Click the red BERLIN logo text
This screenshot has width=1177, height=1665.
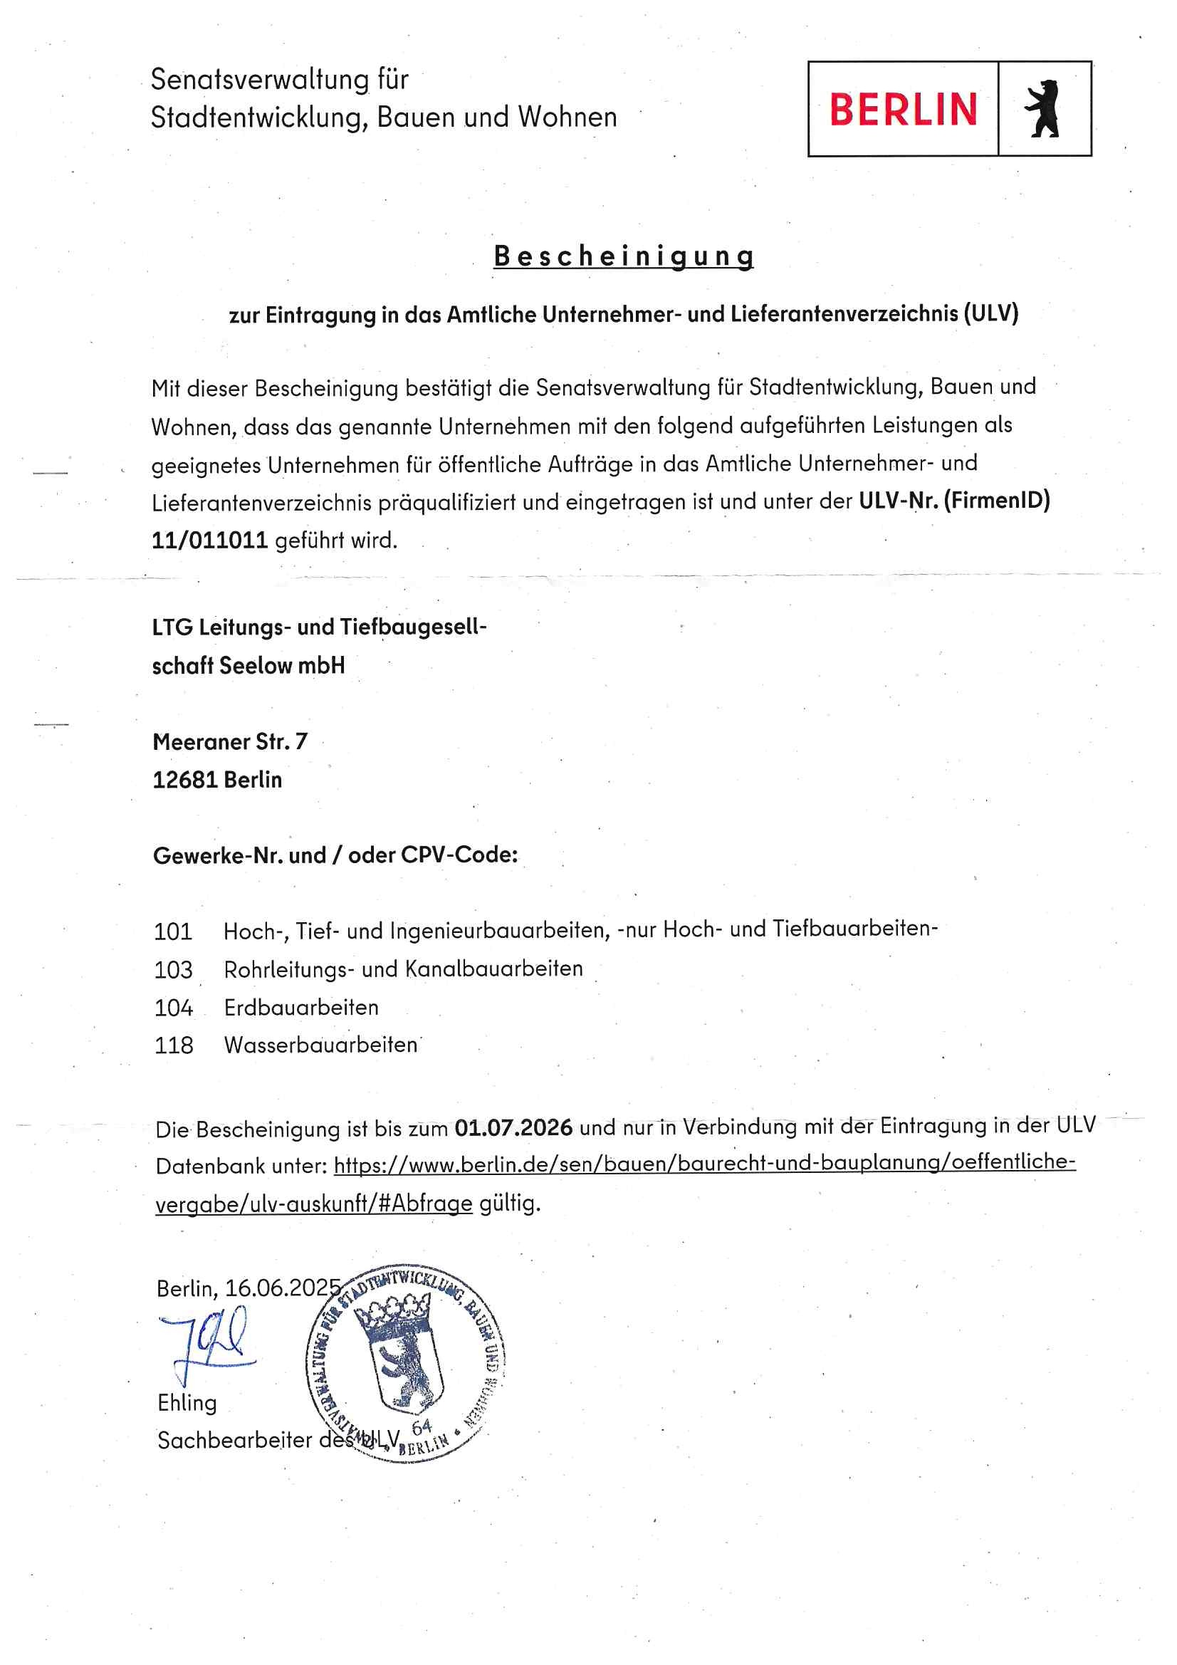click(x=903, y=110)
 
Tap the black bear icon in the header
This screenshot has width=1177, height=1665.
click(x=1042, y=109)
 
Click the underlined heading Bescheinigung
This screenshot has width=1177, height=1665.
click(x=623, y=256)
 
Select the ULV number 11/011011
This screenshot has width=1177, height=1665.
click(x=209, y=541)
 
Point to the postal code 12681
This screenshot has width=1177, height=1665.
click(x=185, y=780)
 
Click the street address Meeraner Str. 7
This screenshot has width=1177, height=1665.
click(x=230, y=741)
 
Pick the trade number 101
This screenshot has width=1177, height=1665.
click(x=173, y=931)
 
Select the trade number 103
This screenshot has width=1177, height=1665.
click(x=173, y=969)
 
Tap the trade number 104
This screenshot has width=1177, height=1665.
click(x=173, y=1007)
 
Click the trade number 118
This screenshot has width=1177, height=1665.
click(x=173, y=1045)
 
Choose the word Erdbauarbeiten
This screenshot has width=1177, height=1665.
click(x=301, y=1007)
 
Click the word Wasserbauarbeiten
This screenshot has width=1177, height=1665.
click(x=320, y=1045)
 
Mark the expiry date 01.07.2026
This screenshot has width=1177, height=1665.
click(x=513, y=1127)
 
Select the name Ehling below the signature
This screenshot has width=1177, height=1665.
click(x=187, y=1402)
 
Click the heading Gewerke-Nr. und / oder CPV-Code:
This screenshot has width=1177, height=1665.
click(x=335, y=856)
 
